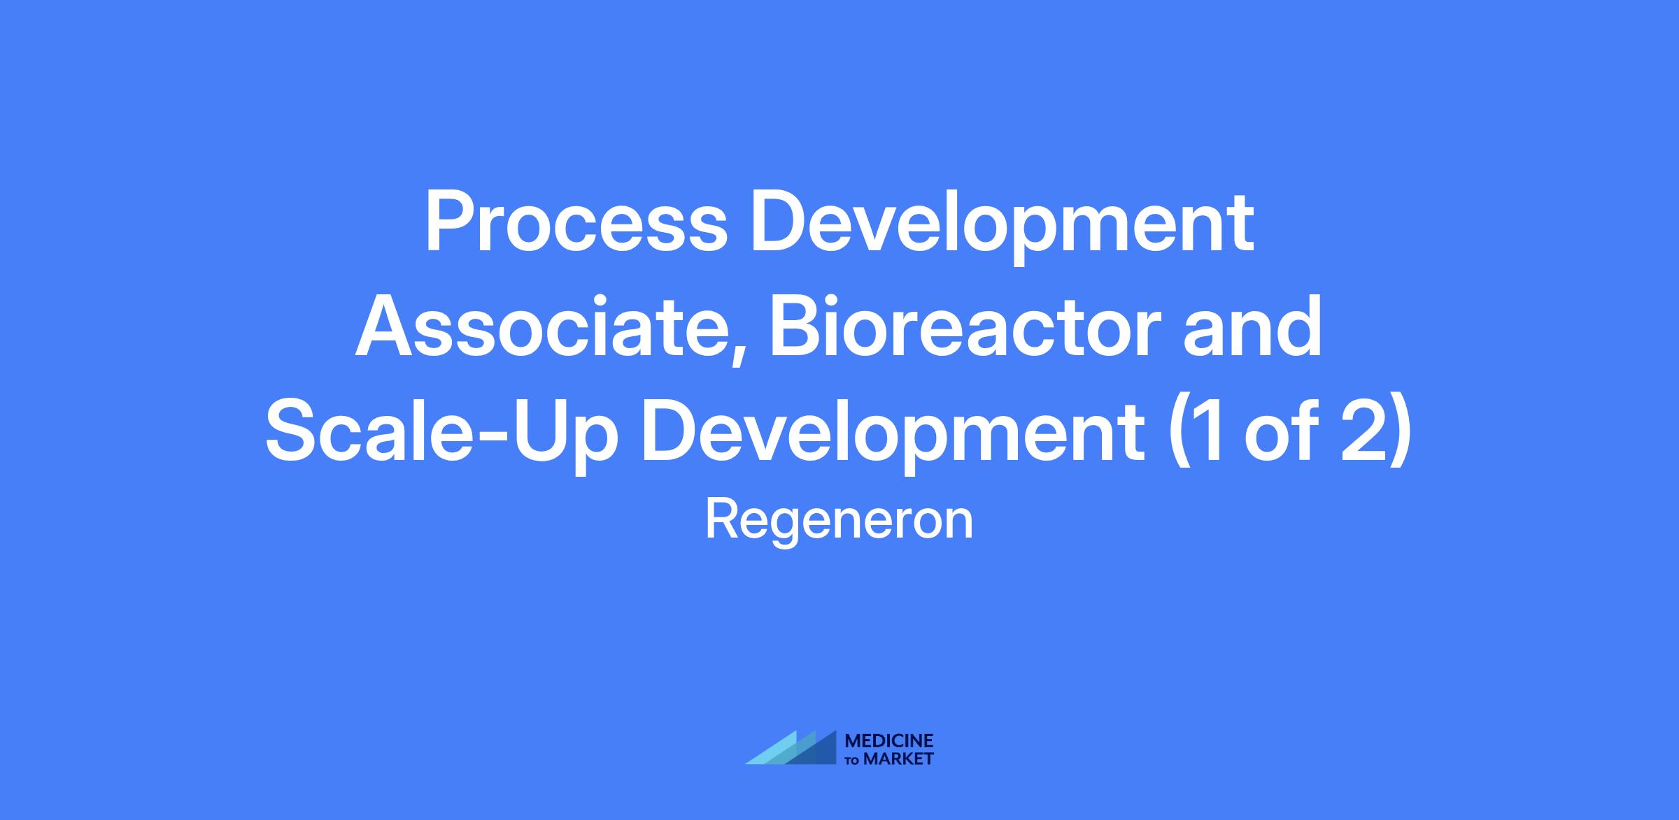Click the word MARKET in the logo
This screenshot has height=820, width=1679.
(x=899, y=759)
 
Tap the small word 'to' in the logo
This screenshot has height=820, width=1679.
(x=853, y=761)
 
